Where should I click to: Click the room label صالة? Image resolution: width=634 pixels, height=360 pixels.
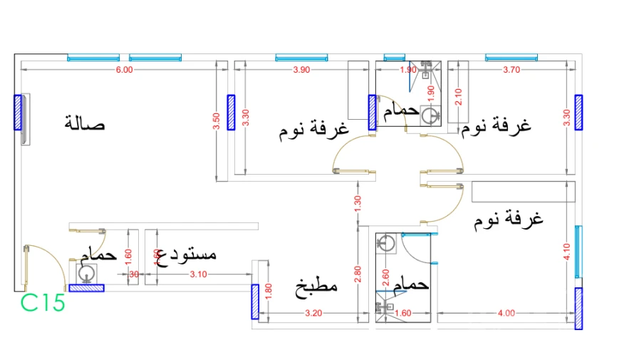click(85, 123)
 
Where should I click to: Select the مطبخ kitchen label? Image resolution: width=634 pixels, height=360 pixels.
click(316, 288)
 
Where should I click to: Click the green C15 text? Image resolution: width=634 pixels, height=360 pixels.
click(43, 303)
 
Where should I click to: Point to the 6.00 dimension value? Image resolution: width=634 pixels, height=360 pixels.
click(124, 70)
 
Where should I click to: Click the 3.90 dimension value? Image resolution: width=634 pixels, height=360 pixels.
click(301, 70)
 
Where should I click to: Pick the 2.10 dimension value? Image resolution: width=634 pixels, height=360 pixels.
click(458, 96)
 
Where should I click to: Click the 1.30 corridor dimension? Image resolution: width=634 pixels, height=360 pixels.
click(358, 204)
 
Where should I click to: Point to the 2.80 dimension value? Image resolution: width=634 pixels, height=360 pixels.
click(358, 274)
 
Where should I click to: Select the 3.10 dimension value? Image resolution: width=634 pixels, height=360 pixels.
click(198, 274)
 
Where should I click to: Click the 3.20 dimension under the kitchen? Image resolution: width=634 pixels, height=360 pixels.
click(313, 313)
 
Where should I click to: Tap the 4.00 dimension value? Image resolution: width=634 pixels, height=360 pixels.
click(506, 313)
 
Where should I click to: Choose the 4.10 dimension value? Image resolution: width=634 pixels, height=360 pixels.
click(566, 252)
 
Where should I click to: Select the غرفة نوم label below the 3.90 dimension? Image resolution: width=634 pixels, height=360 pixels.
click(313, 130)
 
